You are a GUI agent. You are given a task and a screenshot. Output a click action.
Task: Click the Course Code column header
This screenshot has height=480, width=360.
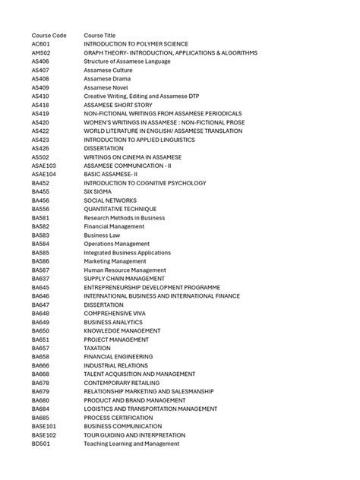49,36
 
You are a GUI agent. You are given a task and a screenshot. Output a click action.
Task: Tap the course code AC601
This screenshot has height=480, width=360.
40,44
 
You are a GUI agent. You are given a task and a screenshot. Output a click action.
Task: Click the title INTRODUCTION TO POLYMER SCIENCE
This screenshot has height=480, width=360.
136,44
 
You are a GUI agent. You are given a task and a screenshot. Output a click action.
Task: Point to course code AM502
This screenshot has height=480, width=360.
41,53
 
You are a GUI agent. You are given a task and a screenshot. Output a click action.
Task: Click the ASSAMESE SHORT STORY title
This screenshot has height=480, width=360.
118,105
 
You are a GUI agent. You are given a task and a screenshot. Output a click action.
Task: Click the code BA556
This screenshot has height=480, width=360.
40,209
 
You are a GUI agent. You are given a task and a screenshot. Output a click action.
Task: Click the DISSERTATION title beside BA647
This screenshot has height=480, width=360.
103,305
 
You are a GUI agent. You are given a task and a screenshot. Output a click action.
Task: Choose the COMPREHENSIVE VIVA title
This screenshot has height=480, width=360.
115,313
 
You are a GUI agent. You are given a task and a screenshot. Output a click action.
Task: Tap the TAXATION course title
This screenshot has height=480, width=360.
96,348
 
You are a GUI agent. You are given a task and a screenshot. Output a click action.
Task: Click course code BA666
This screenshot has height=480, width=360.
40,365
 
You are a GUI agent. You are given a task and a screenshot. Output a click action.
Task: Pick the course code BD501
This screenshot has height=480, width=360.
40,444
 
